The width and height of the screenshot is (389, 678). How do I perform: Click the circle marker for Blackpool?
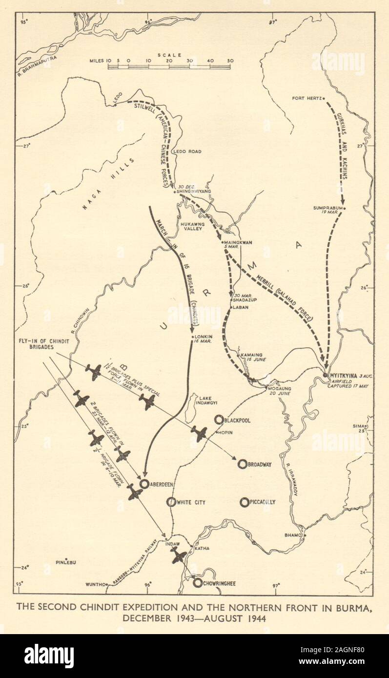219,419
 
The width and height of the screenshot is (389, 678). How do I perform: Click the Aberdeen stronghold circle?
144,483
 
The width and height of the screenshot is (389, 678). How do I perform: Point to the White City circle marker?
171,502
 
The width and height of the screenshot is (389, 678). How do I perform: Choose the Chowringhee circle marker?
197,582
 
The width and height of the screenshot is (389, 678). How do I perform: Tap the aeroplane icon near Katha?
179,555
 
